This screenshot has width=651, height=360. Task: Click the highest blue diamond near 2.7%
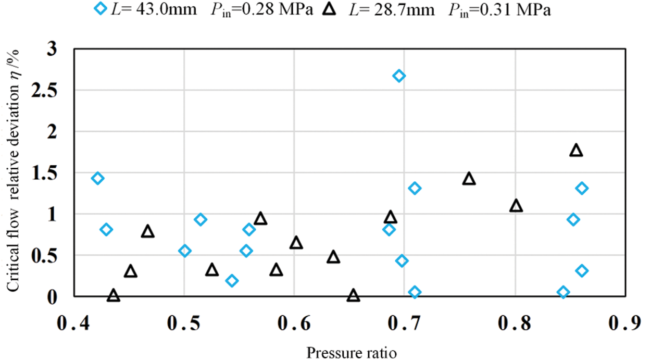tap(399, 76)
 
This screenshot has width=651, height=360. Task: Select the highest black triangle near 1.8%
tap(576, 151)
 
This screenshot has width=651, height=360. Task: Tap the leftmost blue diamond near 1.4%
tap(97, 178)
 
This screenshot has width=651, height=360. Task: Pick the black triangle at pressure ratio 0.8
tap(516, 206)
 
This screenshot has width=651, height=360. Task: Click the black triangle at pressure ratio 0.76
tap(469, 179)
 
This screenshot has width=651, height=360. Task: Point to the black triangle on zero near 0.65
tap(354, 296)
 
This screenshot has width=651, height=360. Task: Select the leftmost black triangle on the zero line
tap(114, 296)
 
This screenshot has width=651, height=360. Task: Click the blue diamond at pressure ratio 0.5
tap(184, 251)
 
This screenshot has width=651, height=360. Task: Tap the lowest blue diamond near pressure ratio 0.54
tap(232, 281)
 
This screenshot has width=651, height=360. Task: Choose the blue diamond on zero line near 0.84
tap(563, 292)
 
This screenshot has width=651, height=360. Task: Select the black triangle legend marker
tap(327, 9)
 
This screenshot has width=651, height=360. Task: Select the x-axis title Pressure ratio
tap(352, 352)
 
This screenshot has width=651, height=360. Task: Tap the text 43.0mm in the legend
tap(162, 10)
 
